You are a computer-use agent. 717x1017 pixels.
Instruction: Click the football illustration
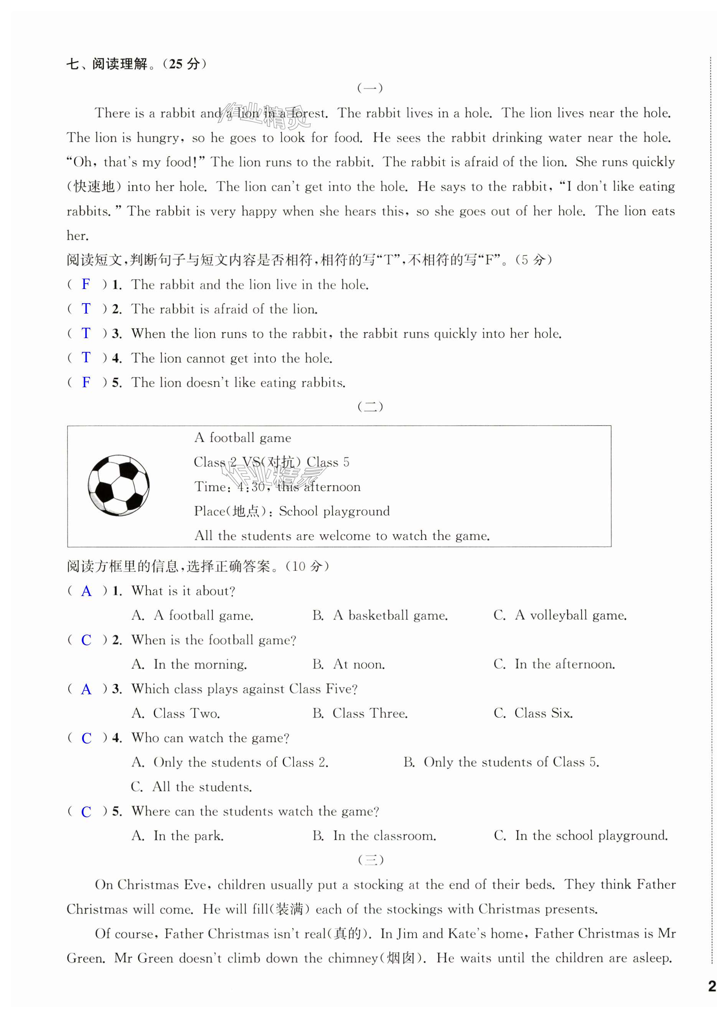pyautogui.click(x=118, y=485)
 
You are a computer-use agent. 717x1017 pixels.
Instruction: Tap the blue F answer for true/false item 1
pyautogui.click(x=86, y=284)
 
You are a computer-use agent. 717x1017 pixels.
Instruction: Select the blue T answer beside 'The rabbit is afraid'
pyautogui.click(x=86, y=309)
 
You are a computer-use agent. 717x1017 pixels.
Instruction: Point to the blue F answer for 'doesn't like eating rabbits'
pyautogui.click(x=86, y=382)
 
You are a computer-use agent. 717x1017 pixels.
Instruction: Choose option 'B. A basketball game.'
pyautogui.click(x=379, y=615)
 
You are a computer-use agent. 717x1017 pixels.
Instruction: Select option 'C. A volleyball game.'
pyautogui.click(x=560, y=615)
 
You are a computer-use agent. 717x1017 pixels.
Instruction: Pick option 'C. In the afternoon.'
pyautogui.click(x=554, y=664)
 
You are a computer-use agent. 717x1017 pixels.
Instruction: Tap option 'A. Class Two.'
pyautogui.click(x=175, y=713)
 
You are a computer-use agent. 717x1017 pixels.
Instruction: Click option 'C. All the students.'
pyautogui.click(x=191, y=787)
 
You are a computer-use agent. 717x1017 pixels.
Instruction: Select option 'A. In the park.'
pyautogui.click(x=178, y=836)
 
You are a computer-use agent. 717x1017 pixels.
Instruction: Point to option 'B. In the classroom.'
pyautogui.click(x=374, y=836)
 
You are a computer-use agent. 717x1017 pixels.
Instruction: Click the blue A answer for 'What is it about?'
pyautogui.click(x=86, y=591)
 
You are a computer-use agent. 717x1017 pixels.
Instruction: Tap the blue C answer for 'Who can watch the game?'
pyautogui.click(x=86, y=738)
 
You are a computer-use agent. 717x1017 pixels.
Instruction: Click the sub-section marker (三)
pyautogui.click(x=370, y=860)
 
